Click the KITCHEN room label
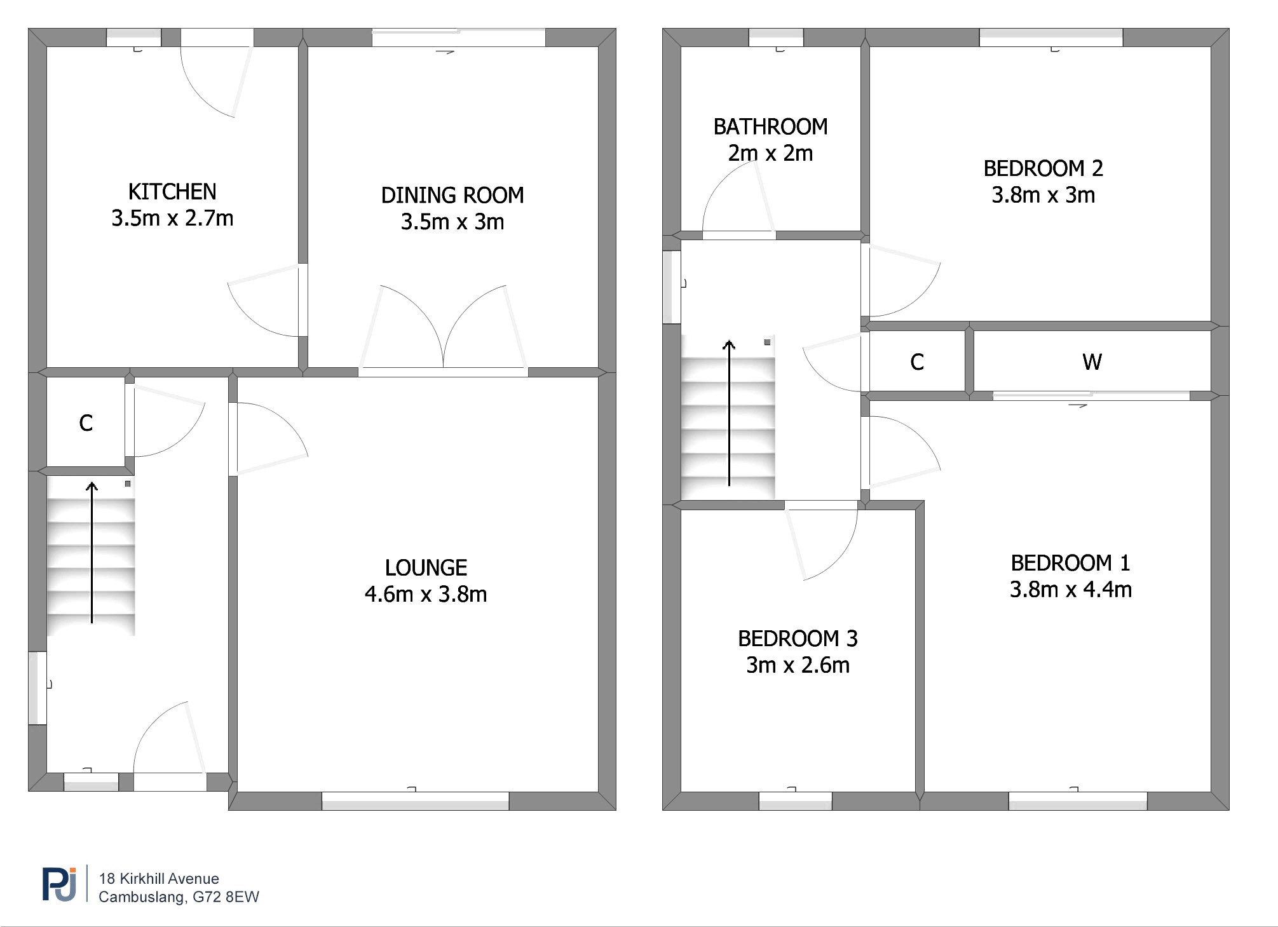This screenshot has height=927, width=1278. click(x=172, y=192)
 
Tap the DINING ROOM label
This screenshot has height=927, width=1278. click(x=452, y=195)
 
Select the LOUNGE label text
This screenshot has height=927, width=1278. click(x=426, y=567)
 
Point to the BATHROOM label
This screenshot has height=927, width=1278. click(x=770, y=127)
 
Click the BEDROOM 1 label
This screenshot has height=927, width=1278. click(x=1070, y=563)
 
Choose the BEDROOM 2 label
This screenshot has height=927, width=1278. click(x=1043, y=168)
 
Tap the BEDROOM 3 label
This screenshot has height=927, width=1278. click(x=798, y=639)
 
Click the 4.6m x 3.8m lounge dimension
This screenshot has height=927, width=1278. click(x=426, y=594)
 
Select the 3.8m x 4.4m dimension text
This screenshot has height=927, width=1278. click(x=1071, y=590)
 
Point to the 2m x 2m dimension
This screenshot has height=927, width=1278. click(x=770, y=153)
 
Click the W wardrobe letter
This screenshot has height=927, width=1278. click(x=1092, y=362)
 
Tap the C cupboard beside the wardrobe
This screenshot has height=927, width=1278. click(x=916, y=362)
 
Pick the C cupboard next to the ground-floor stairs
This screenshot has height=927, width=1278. click(x=86, y=423)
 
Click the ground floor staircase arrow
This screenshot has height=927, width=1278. click(x=92, y=553)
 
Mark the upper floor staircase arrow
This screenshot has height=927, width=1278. click(x=729, y=413)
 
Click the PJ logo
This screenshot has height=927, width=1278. click(x=59, y=884)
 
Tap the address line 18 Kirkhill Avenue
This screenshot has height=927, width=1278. click(x=159, y=879)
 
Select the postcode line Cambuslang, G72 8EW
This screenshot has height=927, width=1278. click(x=179, y=897)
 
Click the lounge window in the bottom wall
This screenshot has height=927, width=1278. click(x=416, y=801)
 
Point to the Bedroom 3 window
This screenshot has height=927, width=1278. click(x=796, y=801)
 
